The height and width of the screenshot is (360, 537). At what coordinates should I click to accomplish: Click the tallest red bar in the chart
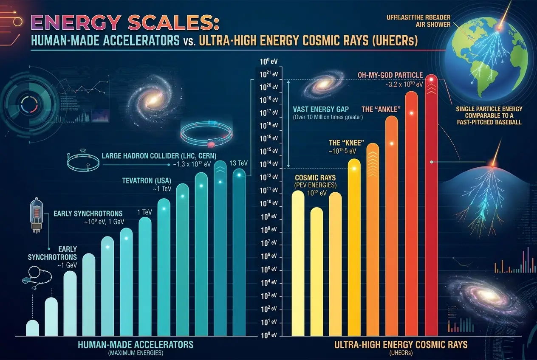pos(432,204)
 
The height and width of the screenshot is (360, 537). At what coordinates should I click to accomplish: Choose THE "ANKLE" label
pos(381,110)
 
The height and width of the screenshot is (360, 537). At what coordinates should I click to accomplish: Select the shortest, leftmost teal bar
pos(33,328)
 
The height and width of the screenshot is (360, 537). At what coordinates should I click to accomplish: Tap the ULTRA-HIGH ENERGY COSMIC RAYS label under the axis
pos(401,345)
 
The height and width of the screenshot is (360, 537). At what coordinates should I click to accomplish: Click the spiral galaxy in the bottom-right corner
pos(485,295)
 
